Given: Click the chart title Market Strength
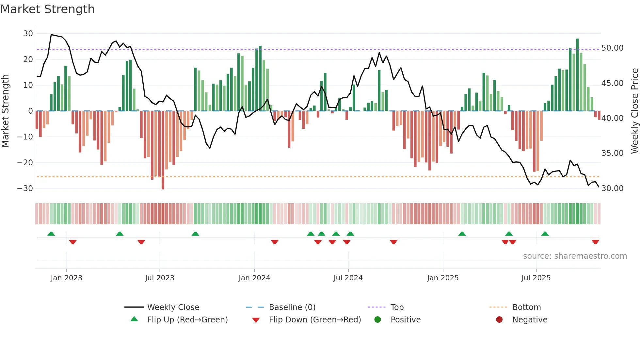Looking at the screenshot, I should point(47,9).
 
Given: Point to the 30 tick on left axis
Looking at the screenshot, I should point(28,34).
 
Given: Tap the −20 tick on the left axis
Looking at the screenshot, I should point(25,163).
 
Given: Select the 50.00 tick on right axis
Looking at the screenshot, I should point(612,48).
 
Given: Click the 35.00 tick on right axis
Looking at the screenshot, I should point(612,153).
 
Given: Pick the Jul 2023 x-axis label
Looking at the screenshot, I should point(160,278).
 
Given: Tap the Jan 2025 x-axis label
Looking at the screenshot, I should point(443,278).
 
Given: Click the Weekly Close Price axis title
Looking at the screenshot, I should point(634,111).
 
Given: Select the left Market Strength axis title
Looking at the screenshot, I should point(6,111).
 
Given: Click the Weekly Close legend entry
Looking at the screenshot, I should point(173,307).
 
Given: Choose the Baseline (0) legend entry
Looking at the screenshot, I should point(292,307).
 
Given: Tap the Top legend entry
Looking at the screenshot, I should point(397,307).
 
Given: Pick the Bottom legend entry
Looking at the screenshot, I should point(526,307).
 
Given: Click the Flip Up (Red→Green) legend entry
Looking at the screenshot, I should point(187,320).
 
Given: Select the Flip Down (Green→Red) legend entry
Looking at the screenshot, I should point(315,320).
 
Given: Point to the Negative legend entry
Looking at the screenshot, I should point(530,320).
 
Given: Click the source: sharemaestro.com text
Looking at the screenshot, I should point(575,256).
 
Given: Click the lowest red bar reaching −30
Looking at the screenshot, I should point(163,150).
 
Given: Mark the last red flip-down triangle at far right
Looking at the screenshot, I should point(595,242).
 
